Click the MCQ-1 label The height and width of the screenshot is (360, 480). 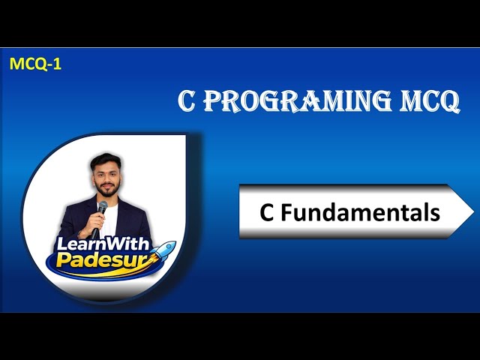point(35,64)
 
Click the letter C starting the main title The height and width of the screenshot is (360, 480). point(187,101)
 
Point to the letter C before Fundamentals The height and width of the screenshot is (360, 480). point(266,212)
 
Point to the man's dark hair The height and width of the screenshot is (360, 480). point(106,160)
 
